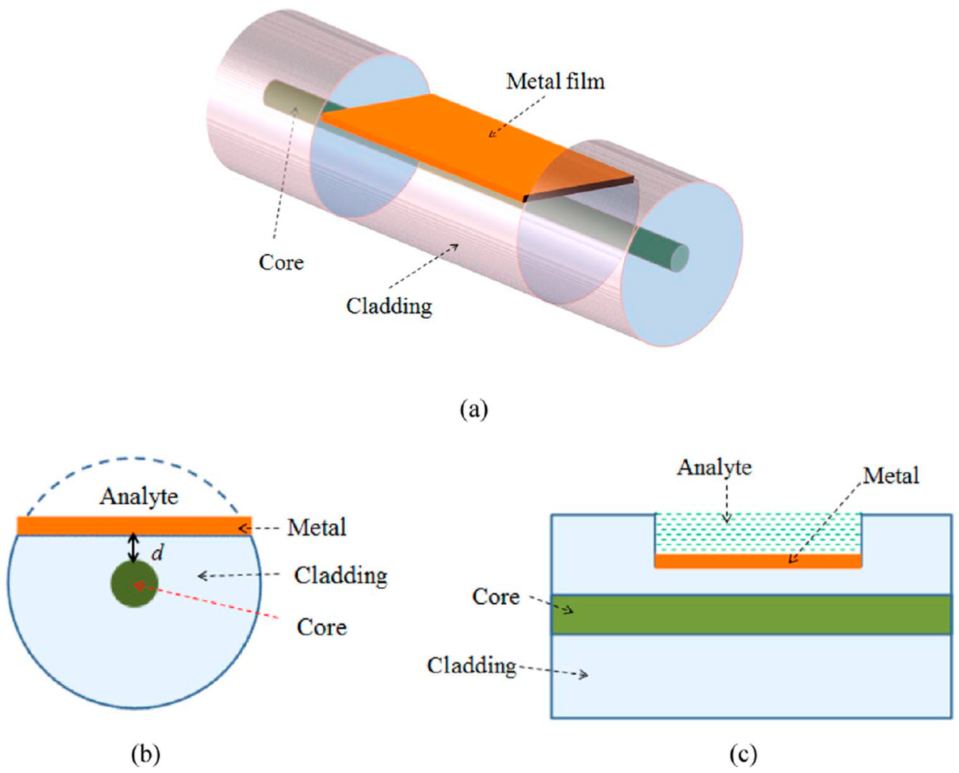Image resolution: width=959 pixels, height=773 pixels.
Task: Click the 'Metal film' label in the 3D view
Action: pyautogui.click(x=555, y=82)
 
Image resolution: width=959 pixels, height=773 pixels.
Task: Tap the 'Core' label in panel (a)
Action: pyautogui.click(x=281, y=262)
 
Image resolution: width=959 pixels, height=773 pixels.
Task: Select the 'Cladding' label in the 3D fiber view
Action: pyautogui.click(x=389, y=306)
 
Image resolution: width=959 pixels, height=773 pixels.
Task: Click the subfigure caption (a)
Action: pyautogui.click(x=474, y=409)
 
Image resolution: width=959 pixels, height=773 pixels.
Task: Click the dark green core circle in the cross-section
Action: pyautogui.click(x=134, y=584)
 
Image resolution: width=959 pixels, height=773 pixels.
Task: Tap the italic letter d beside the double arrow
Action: pyautogui.click(x=157, y=553)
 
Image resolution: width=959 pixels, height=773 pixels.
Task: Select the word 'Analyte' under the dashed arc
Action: pyautogui.click(x=139, y=496)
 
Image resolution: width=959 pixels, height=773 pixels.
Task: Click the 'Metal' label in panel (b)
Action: pyautogui.click(x=316, y=528)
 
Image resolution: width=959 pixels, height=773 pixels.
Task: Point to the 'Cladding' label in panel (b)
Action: pyautogui.click(x=340, y=576)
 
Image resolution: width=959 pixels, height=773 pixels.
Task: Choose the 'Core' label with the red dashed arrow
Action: pyautogui.click(x=322, y=627)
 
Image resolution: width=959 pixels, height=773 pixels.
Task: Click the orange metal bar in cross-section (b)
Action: pyautogui.click(x=89, y=526)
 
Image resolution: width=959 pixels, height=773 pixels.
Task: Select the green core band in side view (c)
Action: pyautogui.click(x=757, y=615)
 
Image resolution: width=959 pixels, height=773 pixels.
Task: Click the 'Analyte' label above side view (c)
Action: pyautogui.click(x=714, y=468)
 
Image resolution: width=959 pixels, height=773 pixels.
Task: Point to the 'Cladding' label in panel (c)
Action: pyautogui.click(x=471, y=666)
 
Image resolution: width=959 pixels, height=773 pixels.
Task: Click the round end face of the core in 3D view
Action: pyautogui.click(x=680, y=259)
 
